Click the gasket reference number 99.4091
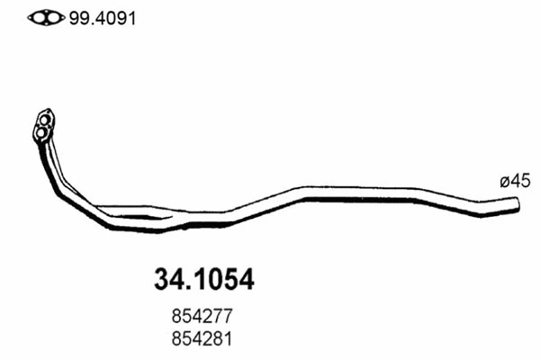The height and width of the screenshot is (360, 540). pyautogui.click(x=101, y=18)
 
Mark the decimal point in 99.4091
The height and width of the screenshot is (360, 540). pyautogui.click(x=86, y=22)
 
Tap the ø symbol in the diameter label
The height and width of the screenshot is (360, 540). pyautogui.click(x=505, y=182)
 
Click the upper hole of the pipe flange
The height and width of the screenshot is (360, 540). pyautogui.click(x=45, y=118)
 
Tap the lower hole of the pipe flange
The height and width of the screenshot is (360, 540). pyautogui.click(x=40, y=134)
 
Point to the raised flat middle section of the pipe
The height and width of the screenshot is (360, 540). pyautogui.click(x=360, y=193)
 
